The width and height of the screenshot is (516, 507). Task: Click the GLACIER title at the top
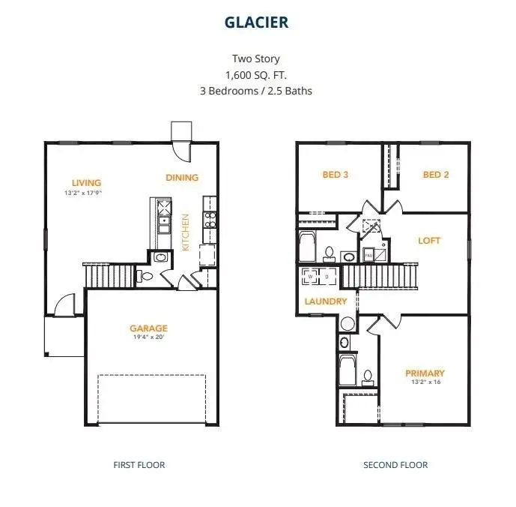(x=257, y=22)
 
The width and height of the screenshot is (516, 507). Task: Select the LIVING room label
(x=86, y=182)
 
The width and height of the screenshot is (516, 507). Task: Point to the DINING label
(x=182, y=178)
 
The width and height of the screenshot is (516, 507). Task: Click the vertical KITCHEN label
(x=186, y=232)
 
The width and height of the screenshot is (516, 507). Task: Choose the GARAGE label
(x=148, y=328)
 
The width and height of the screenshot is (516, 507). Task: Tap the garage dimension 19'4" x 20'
(x=148, y=337)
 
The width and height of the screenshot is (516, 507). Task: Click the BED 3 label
(x=335, y=175)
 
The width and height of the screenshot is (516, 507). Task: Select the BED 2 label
(x=436, y=175)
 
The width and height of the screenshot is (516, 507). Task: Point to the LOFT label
(x=429, y=241)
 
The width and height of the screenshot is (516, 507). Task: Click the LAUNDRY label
(x=326, y=301)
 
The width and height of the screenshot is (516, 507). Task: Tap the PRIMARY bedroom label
(x=425, y=373)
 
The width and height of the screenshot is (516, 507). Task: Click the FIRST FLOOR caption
(x=139, y=465)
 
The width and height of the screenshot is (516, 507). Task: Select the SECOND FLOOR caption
(x=395, y=465)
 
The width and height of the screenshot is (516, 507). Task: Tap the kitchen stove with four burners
(x=210, y=219)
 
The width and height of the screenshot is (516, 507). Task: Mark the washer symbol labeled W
(x=311, y=276)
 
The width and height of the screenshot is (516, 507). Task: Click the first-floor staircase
(x=109, y=275)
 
